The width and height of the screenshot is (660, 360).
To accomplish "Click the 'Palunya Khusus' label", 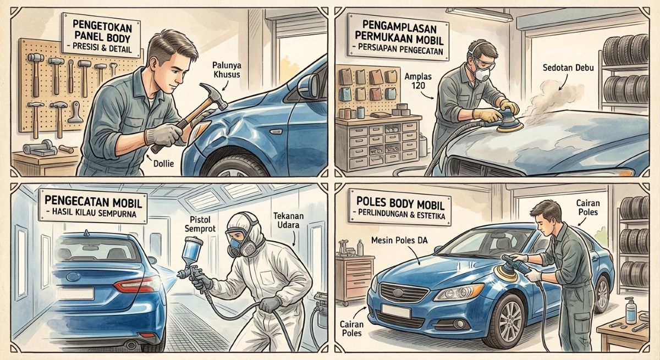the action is click(x=227, y=69).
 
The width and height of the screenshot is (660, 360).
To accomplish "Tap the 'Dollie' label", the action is click(x=163, y=163).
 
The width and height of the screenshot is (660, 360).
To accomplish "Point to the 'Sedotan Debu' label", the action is click(x=568, y=68).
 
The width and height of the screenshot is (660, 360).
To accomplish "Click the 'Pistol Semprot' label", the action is click(x=203, y=224).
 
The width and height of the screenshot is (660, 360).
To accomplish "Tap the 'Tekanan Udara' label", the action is click(x=288, y=220).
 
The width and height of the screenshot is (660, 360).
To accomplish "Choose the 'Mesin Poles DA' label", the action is click(x=399, y=241).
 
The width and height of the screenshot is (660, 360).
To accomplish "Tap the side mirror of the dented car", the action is click(x=309, y=86).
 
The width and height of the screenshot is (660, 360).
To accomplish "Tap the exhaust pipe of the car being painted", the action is click(x=130, y=345).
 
